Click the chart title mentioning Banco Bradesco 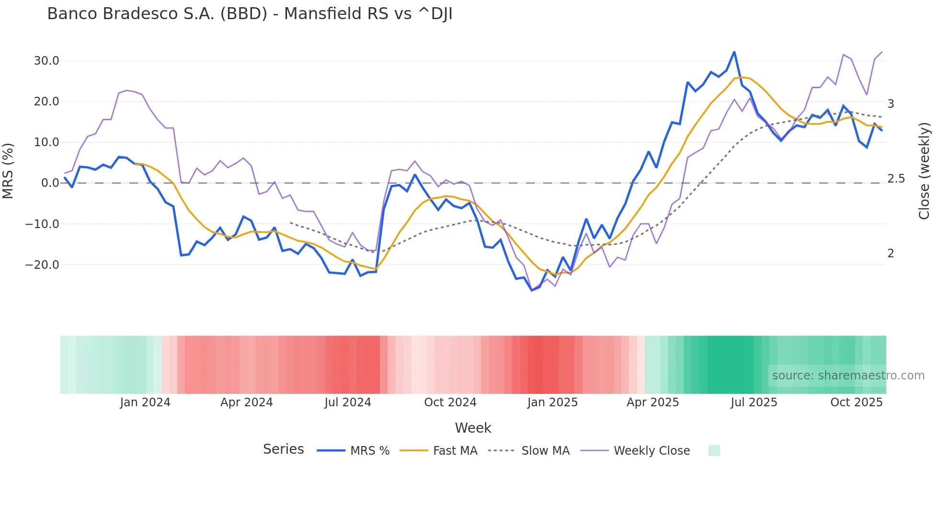coord(250,14)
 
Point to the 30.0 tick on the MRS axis coord(46,61)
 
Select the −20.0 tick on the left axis coord(42,264)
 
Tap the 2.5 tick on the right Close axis coord(896,179)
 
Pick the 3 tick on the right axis coord(891,104)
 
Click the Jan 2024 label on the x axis coord(145,402)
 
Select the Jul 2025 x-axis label coord(754,402)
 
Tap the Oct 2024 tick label coord(450,402)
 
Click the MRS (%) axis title coord(8,171)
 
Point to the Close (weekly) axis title coord(924,171)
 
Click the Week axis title coord(473,428)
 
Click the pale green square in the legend coord(714,450)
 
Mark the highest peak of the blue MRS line coord(734,52)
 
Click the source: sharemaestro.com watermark coord(848,376)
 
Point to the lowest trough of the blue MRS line coord(532,290)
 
